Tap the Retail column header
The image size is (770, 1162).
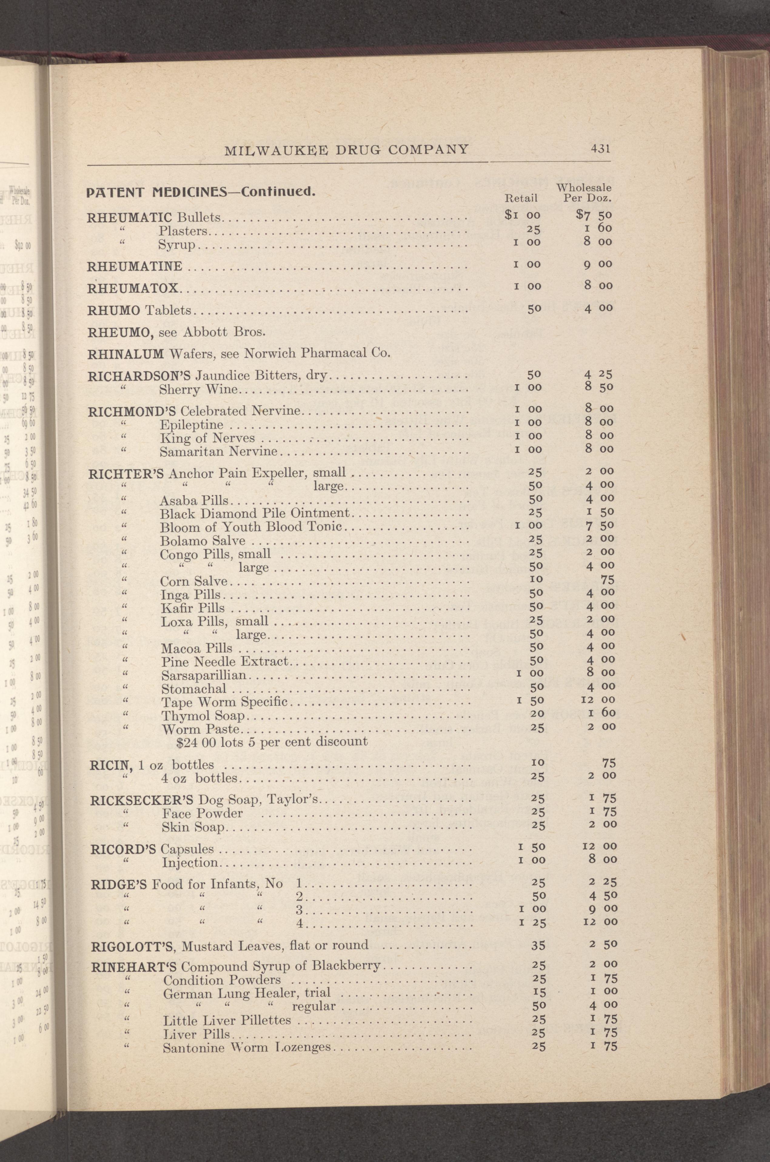pyautogui.click(x=521, y=198)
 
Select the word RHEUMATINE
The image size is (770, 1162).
pyautogui.click(x=135, y=266)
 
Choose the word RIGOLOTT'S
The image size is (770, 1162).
pyautogui.click(x=130, y=945)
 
